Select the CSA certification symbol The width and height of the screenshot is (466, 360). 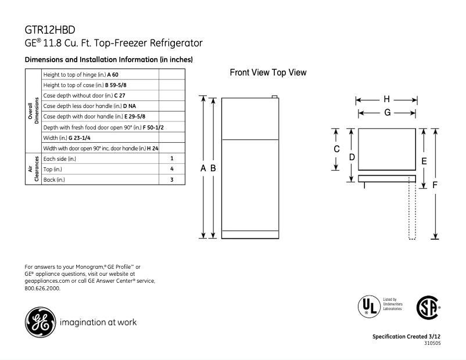[x=428, y=307]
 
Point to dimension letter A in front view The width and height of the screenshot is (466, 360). [x=203, y=168]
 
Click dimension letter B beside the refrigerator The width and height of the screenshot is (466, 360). [x=213, y=168]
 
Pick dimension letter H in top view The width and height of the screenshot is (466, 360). [x=386, y=99]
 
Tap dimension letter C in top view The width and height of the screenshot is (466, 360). [x=336, y=149]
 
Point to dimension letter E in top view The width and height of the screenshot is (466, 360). [x=424, y=161]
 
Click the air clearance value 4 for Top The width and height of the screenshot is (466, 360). [x=172, y=169]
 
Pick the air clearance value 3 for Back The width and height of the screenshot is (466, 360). [x=172, y=180]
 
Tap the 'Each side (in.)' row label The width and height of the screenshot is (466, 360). [x=60, y=159]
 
